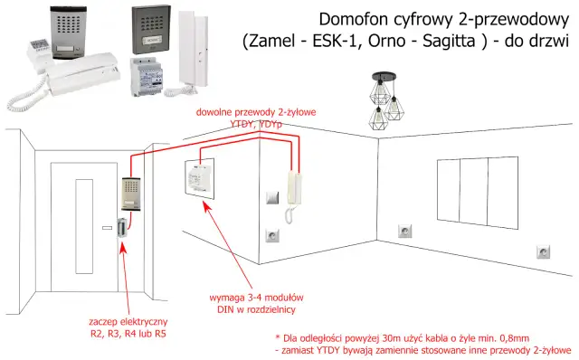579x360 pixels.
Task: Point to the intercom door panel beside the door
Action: (128, 198)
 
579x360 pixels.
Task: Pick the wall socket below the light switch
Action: (271, 237)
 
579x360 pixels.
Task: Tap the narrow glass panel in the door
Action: (72, 240)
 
